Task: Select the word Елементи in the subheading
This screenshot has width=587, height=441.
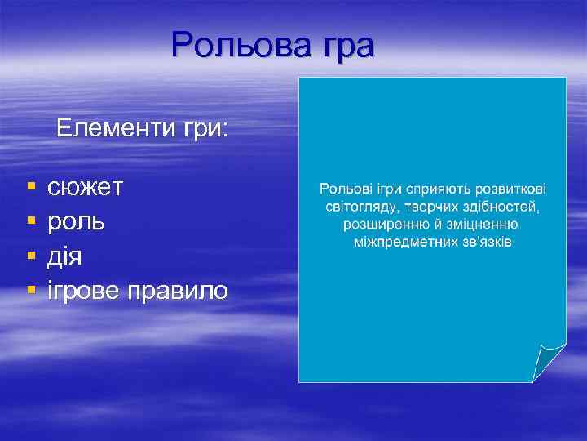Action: coord(107,128)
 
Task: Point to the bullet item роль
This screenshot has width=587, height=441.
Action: coord(76,222)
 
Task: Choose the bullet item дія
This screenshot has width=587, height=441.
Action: coord(64,256)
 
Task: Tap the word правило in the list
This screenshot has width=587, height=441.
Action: coord(182,290)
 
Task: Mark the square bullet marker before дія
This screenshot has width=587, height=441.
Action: coord(30,257)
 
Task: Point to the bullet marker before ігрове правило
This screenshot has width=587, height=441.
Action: coord(30,291)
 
